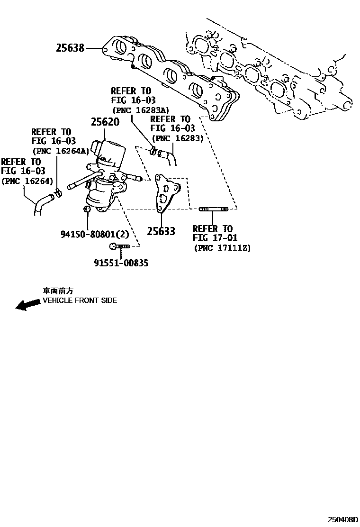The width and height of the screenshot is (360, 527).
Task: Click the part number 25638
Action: (x=70, y=48)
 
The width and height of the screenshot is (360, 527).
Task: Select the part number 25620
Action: (x=105, y=122)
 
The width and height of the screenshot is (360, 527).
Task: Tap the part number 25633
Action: (x=161, y=231)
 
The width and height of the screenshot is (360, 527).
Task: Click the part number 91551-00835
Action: (x=121, y=263)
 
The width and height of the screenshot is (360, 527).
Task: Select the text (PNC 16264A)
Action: (x=60, y=151)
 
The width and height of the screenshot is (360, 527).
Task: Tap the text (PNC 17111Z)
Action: (x=222, y=247)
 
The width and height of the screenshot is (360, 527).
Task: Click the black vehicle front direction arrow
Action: (x=27, y=304)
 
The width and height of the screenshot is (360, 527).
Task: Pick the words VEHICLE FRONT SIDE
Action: (x=80, y=300)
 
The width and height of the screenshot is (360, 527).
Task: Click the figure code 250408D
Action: (x=342, y=519)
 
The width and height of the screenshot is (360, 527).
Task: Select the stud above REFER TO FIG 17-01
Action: (x=213, y=209)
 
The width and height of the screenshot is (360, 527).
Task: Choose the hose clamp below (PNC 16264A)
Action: (x=58, y=192)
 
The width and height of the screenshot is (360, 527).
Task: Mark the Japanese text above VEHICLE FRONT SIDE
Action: (x=58, y=291)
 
